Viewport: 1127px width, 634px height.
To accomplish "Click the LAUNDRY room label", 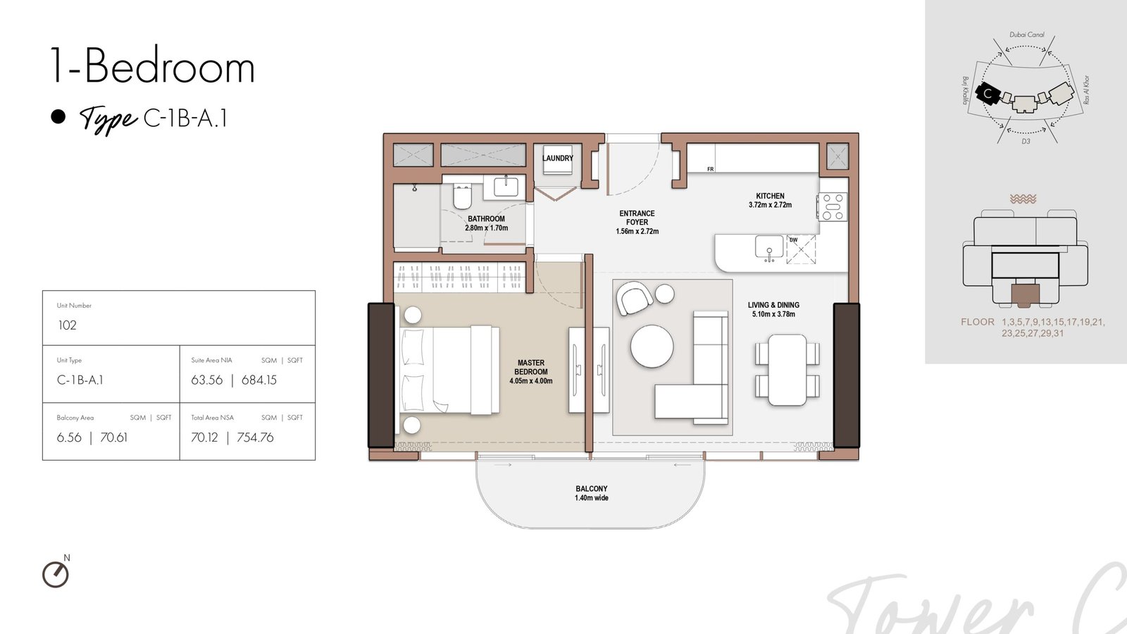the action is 557,158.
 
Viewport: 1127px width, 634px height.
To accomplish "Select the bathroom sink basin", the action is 506,187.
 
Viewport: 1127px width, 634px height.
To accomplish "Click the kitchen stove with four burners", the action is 833,207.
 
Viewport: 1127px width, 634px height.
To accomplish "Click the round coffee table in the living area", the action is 652,346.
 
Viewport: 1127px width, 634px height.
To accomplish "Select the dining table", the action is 787,369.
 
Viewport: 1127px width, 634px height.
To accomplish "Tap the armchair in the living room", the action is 635,298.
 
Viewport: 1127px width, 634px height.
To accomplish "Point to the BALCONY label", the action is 592,489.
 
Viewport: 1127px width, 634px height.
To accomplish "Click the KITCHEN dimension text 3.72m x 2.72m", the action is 770,205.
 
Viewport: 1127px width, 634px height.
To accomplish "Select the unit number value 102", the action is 68,325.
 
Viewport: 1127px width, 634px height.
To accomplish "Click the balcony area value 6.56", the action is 70,437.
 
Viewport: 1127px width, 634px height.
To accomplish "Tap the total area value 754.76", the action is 255,437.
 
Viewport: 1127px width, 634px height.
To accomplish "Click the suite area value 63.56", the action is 207,380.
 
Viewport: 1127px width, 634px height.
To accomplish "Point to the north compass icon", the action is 56,574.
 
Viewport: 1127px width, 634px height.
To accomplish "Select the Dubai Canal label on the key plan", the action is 1027,35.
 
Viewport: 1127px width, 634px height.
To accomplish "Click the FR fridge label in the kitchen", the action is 711,169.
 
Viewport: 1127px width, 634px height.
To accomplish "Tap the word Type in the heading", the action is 108,119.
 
